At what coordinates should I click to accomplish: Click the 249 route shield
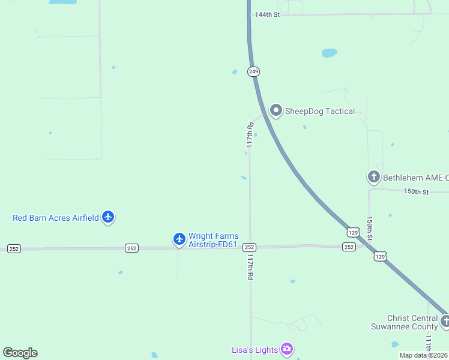[x=254, y=71]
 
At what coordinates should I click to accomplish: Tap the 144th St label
[x=267, y=14]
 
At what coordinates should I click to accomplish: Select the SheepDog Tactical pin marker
[x=276, y=110]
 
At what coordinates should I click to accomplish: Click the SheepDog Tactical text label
[x=319, y=111]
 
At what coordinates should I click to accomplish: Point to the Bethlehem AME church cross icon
[x=373, y=177]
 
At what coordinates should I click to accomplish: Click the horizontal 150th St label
[x=417, y=192]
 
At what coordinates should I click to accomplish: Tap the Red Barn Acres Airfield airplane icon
[x=108, y=217]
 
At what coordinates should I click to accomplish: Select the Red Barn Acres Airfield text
[x=55, y=218]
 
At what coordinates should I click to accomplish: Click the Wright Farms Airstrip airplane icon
[x=179, y=239]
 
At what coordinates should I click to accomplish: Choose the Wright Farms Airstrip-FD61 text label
[x=213, y=241]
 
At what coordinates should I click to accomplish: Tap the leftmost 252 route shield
[x=14, y=248]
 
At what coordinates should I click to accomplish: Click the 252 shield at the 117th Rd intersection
[x=250, y=247]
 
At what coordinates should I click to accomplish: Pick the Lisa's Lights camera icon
[x=287, y=349]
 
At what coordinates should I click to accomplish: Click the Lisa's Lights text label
[x=255, y=350]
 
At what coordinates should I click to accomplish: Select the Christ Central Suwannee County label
[x=404, y=322]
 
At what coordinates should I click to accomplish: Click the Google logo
[x=20, y=353]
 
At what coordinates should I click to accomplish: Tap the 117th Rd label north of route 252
[x=250, y=135]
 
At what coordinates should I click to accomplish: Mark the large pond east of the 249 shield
[x=329, y=53]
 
